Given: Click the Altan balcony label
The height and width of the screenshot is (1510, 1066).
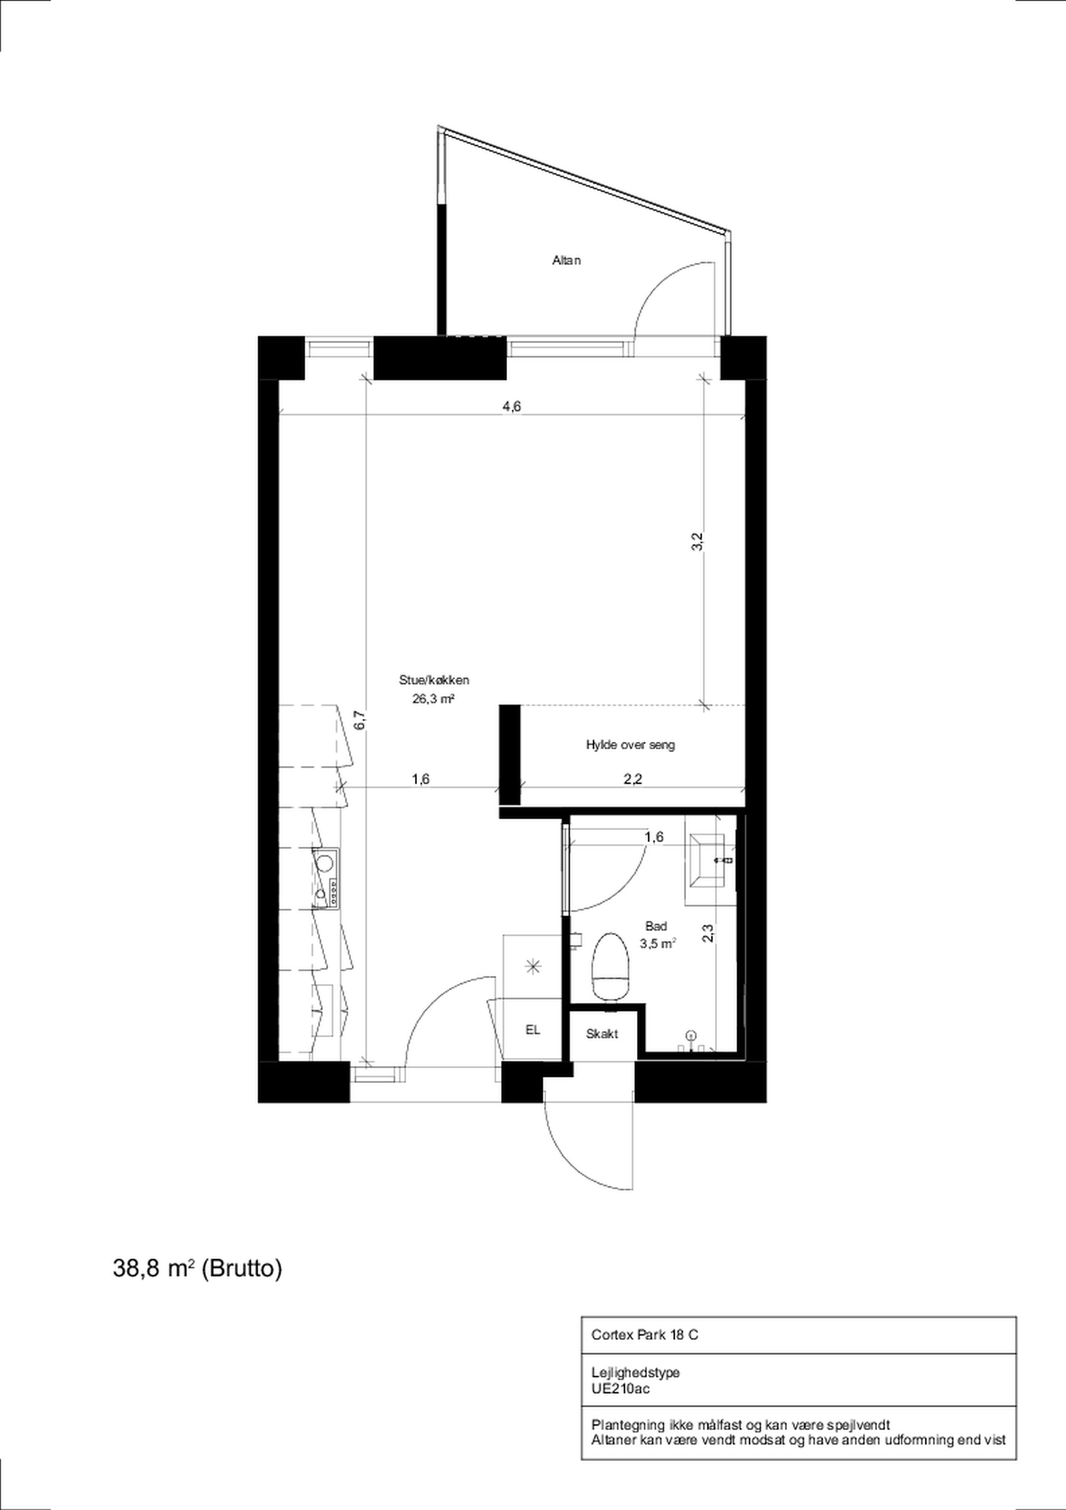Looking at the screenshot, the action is click(x=566, y=260).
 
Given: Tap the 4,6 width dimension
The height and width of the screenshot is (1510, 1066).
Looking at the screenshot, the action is click(x=512, y=406).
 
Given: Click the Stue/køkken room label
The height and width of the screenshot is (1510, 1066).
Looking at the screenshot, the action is click(x=434, y=680).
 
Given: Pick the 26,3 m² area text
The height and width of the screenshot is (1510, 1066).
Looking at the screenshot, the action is click(x=434, y=699).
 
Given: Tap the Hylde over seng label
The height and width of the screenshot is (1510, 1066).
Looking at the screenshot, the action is click(x=630, y=745).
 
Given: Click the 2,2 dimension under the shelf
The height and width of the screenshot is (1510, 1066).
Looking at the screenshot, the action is click(x=632, y=779).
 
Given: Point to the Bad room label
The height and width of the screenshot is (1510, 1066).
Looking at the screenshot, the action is click(x=656, y=926).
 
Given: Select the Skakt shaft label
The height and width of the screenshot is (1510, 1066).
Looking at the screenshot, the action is click(x=602, y=1034).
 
